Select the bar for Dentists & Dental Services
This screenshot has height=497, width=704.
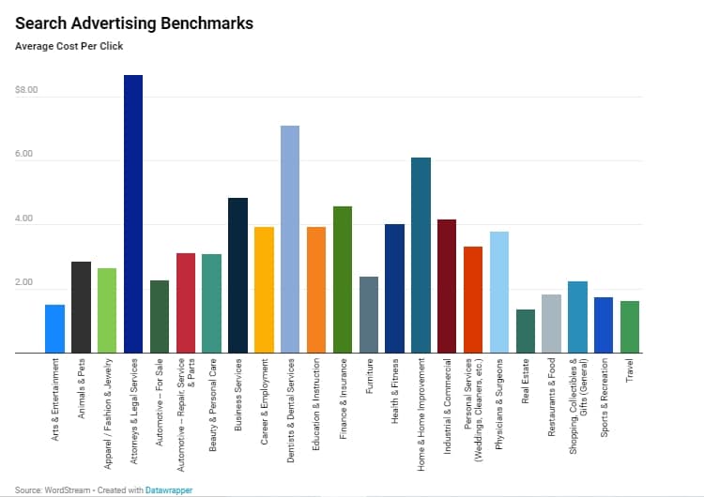click(x=290, y=239)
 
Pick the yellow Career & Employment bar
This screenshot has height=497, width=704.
click(x=264, y=290)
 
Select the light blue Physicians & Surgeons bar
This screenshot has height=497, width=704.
click(x=499, y=292)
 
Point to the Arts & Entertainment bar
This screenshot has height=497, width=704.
click(x=54, y=328)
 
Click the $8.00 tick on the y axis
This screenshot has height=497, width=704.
click(x=26, y=91)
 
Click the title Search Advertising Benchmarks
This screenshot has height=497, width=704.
click(x=133, y=23)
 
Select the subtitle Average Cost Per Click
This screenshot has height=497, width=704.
click(x=69, y=46)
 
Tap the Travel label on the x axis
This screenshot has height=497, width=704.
click(x=630, y=370)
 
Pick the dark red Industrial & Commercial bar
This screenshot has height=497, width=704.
click(x=447, y=286)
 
